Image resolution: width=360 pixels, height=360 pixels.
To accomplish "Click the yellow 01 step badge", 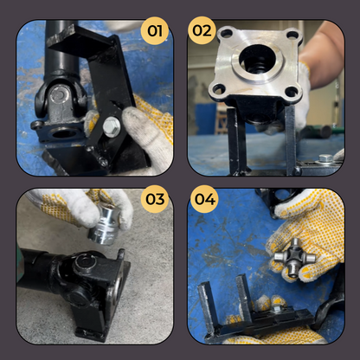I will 155,33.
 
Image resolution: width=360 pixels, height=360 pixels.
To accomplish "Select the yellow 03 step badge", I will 155,200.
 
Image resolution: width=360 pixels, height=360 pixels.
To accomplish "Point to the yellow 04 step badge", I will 205,200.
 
